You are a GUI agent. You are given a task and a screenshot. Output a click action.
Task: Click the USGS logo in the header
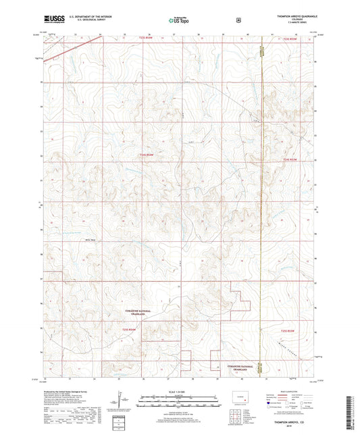coord(51,20)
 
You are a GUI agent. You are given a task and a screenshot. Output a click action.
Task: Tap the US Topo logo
coord(180,20)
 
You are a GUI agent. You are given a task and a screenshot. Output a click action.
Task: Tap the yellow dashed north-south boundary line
coord(261,203)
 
